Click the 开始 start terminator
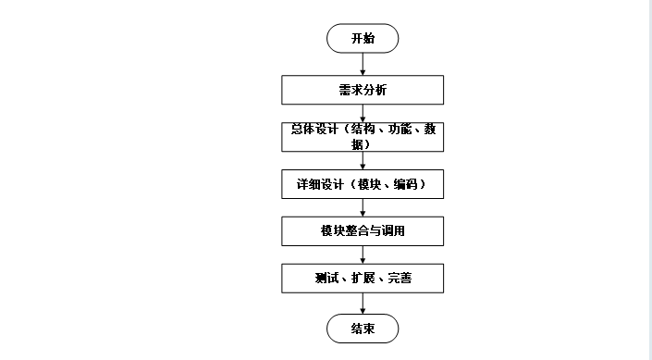tap(363, 39)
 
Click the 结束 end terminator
tap(363, 329)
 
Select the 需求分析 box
tap(363, 90)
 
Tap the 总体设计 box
tap(363, 136)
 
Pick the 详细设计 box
tap(363, 184)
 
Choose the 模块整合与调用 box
tap(363, 230)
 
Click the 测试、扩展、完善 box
tap(363, 278)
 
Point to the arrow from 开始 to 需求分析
tap(363, 64)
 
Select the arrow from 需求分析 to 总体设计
tap(363, 113)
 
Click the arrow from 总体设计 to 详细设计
tap(363, 160)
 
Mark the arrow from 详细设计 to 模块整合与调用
tap(363, 207)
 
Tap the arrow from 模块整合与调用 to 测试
tap(363, 254)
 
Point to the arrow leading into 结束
tap(363, 303)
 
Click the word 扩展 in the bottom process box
tap(363, 278)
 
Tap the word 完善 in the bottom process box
tap(400, 278)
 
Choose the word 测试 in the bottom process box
tap(325, 278)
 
